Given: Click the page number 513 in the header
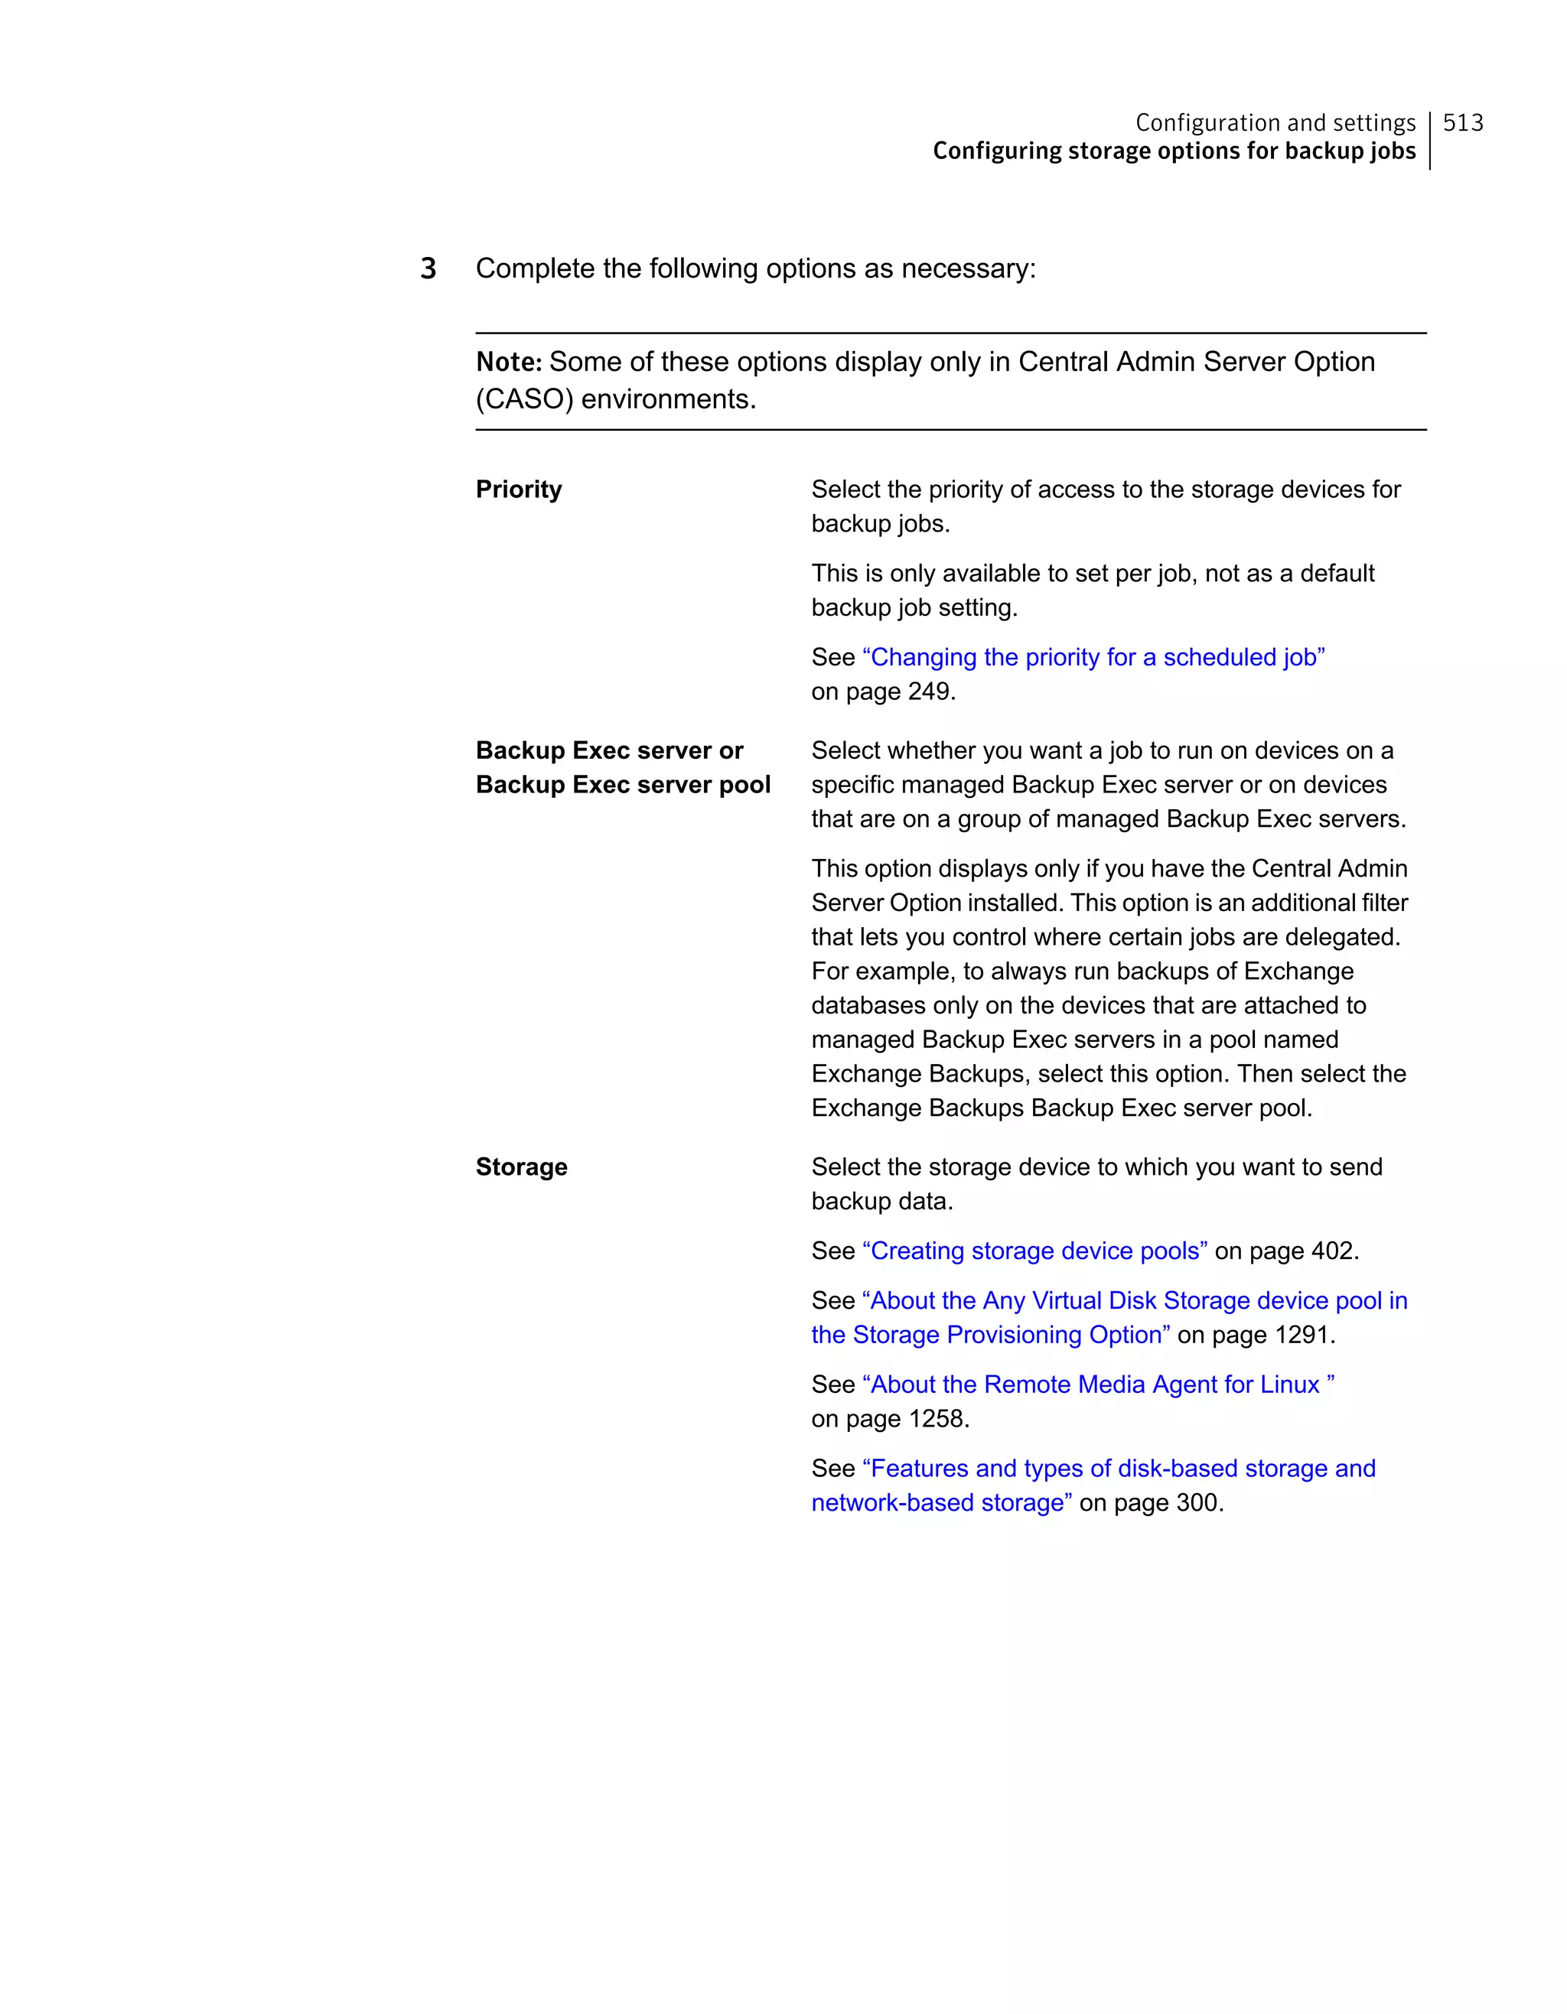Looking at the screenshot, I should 1462,122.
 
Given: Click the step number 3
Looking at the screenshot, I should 428,268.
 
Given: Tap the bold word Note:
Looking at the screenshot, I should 508,362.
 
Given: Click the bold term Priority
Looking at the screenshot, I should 518,489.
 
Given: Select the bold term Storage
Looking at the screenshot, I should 521,1166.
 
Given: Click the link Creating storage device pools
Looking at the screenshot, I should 1034,1251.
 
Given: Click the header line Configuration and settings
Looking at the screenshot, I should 1275,122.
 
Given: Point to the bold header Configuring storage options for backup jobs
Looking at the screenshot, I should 1173,151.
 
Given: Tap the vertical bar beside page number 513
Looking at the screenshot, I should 1429,140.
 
